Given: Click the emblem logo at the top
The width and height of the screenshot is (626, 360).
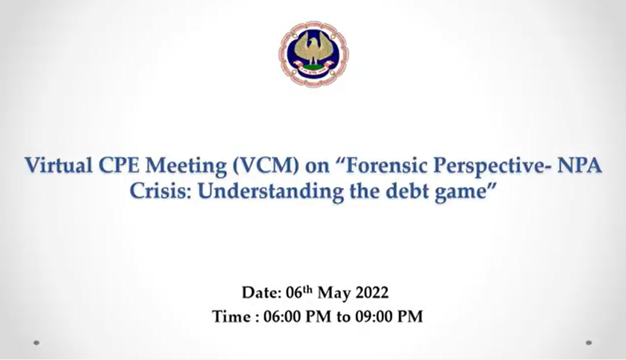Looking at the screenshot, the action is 314,54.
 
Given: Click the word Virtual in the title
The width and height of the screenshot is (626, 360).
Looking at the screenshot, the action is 58,165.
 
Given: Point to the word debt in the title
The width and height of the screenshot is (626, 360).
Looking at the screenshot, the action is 407,191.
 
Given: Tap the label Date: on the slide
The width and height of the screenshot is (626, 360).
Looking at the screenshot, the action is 262,292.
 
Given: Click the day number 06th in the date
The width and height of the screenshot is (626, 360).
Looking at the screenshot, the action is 299,292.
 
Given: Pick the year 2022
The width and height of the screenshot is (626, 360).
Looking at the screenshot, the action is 371,292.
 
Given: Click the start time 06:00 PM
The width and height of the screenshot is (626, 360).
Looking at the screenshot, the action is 297,317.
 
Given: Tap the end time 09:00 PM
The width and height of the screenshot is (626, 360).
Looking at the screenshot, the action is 388,317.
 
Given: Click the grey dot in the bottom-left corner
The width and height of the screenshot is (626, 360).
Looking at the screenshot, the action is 36,343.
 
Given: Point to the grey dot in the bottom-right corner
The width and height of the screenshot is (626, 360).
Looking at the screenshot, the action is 589,343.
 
